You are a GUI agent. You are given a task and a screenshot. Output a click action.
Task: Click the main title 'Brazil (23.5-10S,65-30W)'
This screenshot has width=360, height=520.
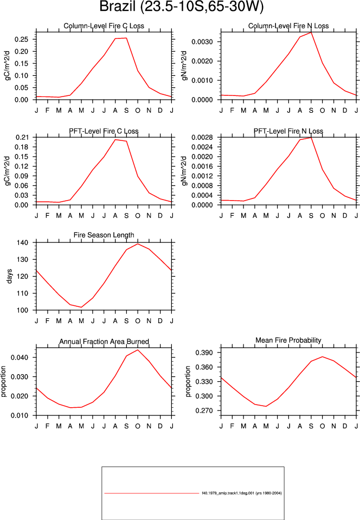(181, 7)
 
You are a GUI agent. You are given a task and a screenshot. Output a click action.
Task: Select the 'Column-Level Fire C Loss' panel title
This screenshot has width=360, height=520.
(104, 26)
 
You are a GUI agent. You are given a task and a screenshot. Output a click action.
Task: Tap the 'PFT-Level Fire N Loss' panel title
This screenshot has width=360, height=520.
(288, 131)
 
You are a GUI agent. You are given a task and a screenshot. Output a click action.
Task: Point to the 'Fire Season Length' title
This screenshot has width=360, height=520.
(104, 235)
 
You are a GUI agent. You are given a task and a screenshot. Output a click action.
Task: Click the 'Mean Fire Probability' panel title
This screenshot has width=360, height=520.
(288, 341)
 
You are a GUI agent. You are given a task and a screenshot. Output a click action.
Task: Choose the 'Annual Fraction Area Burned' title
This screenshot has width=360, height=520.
(104, 342)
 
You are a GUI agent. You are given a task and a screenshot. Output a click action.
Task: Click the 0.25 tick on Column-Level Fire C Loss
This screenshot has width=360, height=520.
(21, 40)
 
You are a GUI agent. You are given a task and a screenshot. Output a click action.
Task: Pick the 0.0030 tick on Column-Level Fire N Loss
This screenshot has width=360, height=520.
(202, 42)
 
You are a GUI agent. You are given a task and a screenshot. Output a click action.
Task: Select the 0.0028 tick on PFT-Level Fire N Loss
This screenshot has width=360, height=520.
(202, 137)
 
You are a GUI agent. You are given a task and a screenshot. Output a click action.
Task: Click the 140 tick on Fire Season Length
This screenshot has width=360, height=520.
(23, 243)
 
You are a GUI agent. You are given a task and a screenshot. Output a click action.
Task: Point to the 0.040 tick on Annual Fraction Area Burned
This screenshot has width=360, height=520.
(20, 357)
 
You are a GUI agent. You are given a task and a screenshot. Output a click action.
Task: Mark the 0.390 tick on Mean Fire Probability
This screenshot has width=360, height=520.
(204, 352)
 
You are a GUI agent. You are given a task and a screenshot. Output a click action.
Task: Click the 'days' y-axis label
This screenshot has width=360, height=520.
(9, 276)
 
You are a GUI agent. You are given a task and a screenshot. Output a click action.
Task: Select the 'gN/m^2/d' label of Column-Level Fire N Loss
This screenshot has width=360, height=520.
(185, 66)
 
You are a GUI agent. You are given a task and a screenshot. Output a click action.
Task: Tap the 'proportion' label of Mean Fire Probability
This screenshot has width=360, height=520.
(188, 381)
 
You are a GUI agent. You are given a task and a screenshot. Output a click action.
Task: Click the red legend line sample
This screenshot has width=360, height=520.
(152, 493)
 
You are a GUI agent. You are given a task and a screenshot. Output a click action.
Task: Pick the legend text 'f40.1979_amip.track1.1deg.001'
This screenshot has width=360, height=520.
(228, 493)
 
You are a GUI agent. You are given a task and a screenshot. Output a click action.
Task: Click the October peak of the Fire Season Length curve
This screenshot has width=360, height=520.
(138, 244)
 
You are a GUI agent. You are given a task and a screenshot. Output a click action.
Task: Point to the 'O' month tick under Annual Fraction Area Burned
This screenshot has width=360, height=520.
(138, 426)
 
